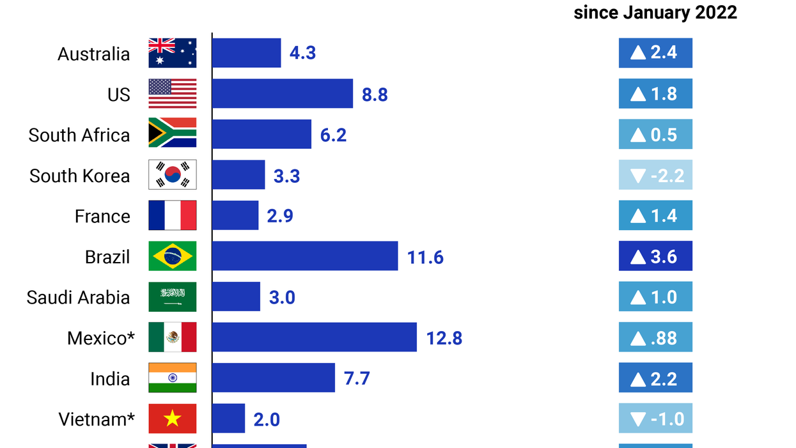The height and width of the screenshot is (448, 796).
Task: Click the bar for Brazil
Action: pyautogui.click(x=305, y=256)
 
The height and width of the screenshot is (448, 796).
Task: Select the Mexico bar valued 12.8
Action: pyautogui.click(x=314, y=337)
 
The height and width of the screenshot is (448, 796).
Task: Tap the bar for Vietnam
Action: pyautogui.click(x=228, y=419)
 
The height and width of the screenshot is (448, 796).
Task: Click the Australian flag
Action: pyautogui.click(x=172, y=53)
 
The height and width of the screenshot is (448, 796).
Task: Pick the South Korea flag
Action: pyautogui.click(x=172, y=175)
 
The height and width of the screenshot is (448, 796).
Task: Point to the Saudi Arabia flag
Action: pyautogui.click(x=172, y=297)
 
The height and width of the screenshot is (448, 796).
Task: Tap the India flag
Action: pyautogui.click(x=172, y=378)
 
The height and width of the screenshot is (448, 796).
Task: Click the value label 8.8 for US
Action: pyautogui.click(x=375, y=95)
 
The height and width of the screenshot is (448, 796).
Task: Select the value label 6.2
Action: pyautogui.click(x=333, y=135)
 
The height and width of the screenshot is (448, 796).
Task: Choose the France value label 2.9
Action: pyautogui.click(x=280, y=216)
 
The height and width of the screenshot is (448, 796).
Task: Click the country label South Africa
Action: pyautogui.click(x=79, y=135)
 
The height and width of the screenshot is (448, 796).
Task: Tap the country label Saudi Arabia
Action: pyautogui.click(x=78, y=297)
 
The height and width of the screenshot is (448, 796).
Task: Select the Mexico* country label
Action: pyautogui.click(x=100, y=337)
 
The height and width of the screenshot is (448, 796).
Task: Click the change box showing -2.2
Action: pyautogui.click(x=655, y=175)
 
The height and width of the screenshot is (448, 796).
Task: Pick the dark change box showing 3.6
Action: pyautogui.click(x=655, y=256)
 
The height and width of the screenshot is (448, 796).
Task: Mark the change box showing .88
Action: pyautogui.click(x=655, y=337)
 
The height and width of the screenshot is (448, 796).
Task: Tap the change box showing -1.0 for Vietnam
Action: pyautogui.click(x=655, y=419)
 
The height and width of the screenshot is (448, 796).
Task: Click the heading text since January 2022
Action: pyautogui.click(x=655, y=12)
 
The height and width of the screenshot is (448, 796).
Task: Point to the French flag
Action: pyautogui.click(x=172, y=216)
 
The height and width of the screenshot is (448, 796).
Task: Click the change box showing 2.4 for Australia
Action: pyautogui.click(x=655, y=53)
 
